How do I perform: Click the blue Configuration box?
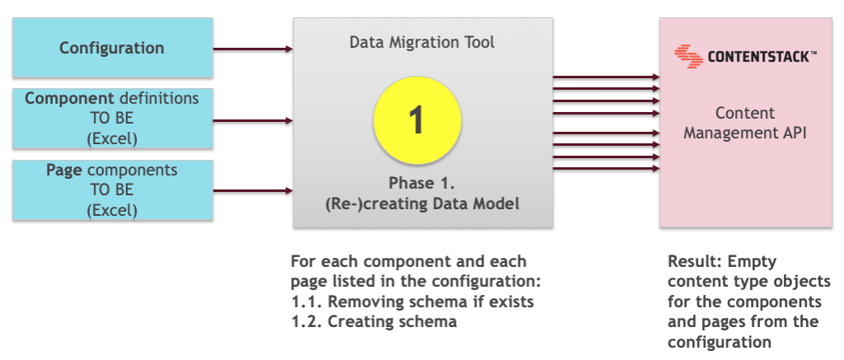coord(112,49)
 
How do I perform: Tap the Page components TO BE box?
coord(112,190)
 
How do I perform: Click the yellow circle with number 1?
coord(416,119)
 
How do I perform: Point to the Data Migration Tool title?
coord(422,42)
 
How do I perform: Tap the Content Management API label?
coord(744,121)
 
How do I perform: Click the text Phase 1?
coord(421,183)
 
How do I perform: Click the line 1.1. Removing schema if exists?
coord(412,302)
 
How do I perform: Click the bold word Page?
coord(65,171)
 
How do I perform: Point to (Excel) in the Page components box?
coord(112,210)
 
